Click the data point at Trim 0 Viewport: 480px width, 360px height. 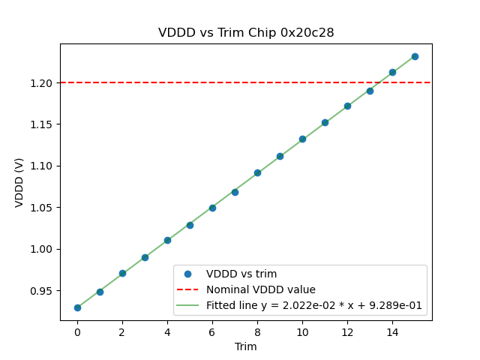77,307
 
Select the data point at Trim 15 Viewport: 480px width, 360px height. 415,56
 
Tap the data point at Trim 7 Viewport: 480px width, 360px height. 235,192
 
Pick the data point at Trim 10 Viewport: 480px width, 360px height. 302,139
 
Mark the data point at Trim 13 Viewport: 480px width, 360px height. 370,91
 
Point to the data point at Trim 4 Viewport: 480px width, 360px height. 167,240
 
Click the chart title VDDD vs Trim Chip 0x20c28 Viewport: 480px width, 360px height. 246,33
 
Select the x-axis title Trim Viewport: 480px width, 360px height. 246,346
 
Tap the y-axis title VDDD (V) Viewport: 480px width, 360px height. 20,183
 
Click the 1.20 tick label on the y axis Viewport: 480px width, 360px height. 42,82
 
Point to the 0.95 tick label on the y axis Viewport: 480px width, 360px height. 42,291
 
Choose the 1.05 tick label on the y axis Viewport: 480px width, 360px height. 42,208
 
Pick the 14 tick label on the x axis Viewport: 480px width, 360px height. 392,332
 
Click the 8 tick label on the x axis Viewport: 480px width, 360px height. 257,332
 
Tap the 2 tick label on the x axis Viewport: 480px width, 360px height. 122,332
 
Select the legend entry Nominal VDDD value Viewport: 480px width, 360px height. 261,289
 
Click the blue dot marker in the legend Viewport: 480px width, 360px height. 188,274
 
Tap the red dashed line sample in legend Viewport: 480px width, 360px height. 188,289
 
